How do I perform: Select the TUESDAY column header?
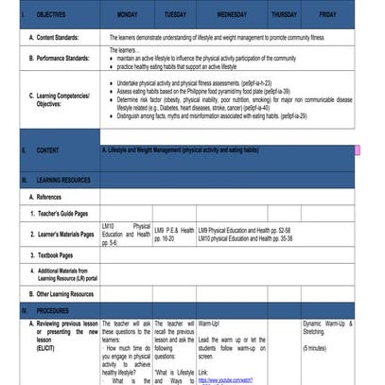click(175, 16)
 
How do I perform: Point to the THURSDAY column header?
click(284, 16)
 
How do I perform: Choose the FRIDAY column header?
click(327, 16)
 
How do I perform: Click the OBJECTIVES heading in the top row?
click(52, 16)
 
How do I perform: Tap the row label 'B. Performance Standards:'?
click(63, 59)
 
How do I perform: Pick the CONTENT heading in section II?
click(48, 150)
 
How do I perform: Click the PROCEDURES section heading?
click(53, 310)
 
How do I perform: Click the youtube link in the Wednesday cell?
click(225, 380)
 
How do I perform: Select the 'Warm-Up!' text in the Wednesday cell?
click(209, 324)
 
